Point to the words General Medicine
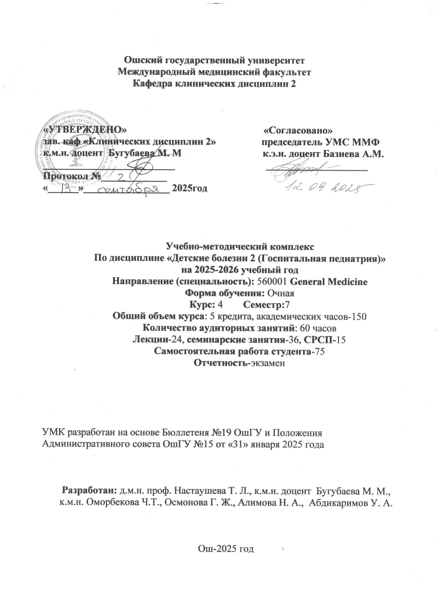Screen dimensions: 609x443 point(329,282)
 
